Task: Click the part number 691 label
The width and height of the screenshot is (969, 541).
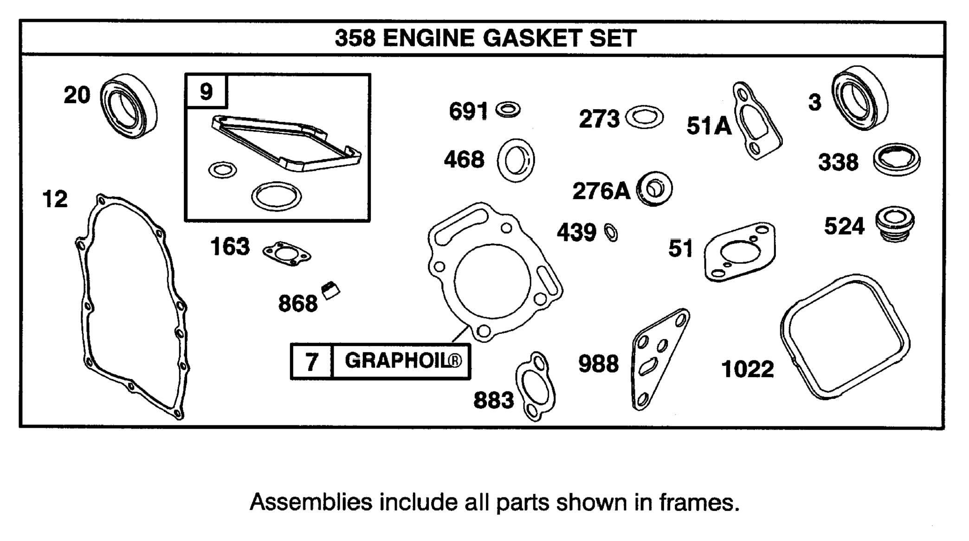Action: [468, 111]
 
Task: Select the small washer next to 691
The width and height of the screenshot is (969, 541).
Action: [508, 110]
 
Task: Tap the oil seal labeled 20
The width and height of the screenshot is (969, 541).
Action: [129, 106]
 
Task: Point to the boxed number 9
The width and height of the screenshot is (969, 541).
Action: [206, 91]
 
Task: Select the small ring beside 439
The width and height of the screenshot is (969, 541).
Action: [611, 232]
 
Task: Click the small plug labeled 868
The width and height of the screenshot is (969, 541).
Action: [331, 290]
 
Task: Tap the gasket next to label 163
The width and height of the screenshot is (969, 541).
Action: [286, 254]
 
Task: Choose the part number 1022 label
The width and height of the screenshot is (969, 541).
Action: [748, 370]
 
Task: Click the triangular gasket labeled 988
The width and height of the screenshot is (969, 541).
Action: [659, 358]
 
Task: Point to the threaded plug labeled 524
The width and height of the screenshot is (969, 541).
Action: [895, 224]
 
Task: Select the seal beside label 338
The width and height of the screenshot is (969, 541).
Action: [896, 159]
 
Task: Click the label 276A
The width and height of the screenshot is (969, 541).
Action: [601, 191]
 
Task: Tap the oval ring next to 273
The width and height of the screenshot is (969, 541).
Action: [644, 117]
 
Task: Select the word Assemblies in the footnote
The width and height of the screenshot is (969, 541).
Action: [311, 502]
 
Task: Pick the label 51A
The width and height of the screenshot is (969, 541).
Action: [709, 126]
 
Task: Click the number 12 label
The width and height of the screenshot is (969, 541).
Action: [55, 199]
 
